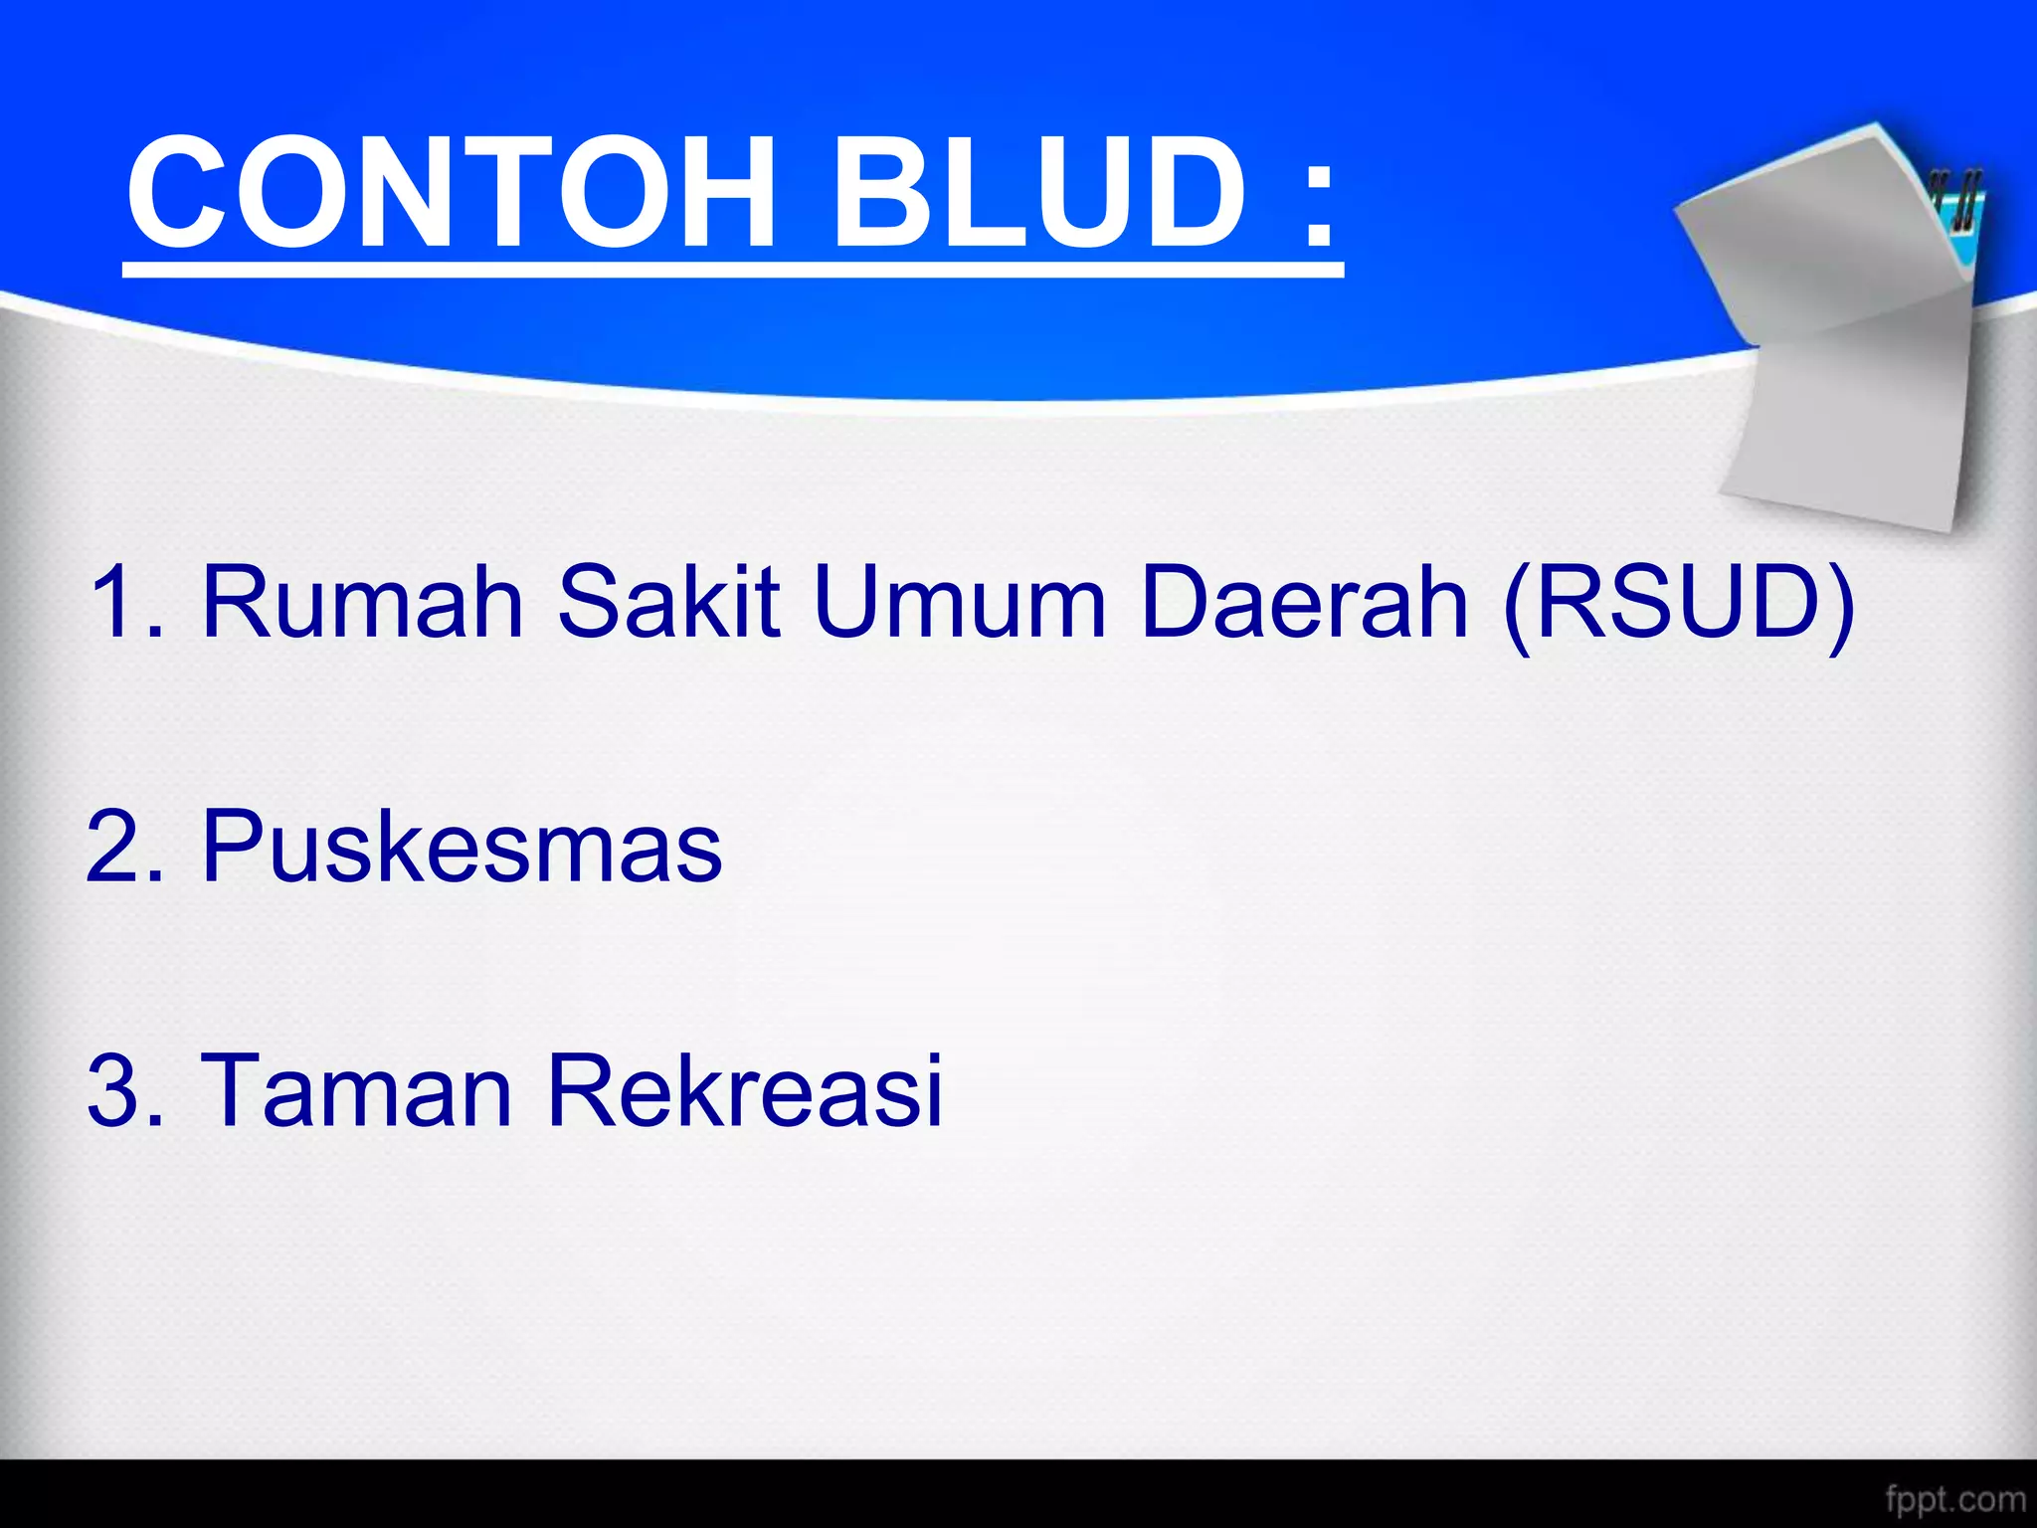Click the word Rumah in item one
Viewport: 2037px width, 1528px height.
[x=362, y=602]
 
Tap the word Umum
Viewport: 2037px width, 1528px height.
[x=960, y=602]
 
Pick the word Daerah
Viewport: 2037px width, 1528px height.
[x=1304, y=602]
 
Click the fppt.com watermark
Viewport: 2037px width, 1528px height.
[x=1954, y=1498]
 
